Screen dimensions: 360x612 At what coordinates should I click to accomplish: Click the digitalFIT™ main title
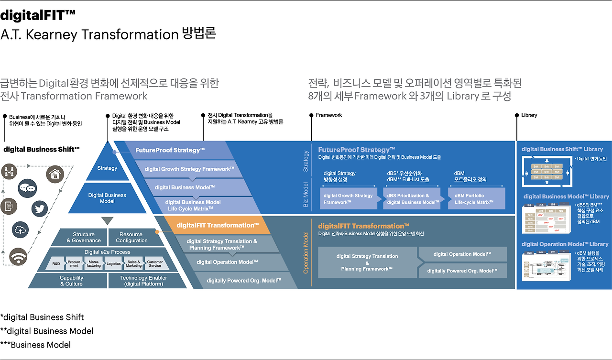(38, 16)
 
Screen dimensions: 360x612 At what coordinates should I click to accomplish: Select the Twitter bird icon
(41, 208)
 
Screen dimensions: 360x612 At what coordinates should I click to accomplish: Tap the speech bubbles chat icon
(27, 188)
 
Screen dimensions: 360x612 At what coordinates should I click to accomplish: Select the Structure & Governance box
(84, 238)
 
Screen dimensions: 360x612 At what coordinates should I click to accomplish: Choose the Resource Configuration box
(131, 238)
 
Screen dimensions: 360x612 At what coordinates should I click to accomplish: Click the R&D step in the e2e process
(56, 263)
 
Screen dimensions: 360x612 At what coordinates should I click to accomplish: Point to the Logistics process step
(113, 263)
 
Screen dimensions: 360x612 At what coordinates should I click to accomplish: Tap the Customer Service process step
(155, 263)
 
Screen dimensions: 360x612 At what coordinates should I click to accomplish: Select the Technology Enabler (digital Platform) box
(143, 281)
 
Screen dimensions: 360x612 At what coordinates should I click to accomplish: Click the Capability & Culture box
(71, 281)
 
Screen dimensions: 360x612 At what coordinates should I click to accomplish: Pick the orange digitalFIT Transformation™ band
(218, 225)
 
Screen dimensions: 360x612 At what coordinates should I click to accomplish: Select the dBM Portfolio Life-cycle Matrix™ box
(476, 198)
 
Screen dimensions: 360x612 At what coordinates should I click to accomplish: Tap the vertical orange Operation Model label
(306, 253)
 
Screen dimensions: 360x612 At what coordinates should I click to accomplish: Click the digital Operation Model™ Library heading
(565, 244)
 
